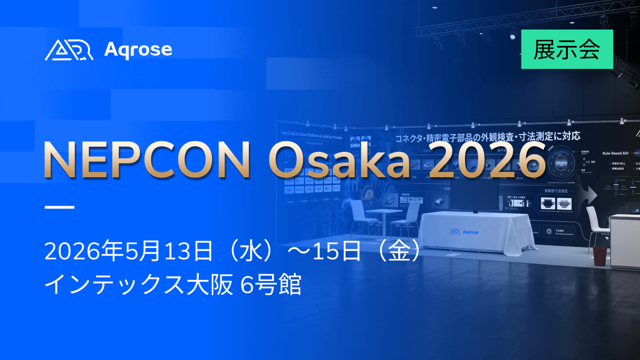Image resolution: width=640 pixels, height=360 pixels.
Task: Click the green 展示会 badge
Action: tap(567, 49)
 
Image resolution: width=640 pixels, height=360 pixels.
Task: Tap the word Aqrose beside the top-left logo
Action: tap(138, 49)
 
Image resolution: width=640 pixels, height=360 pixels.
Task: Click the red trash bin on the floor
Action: tap(600, 256)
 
